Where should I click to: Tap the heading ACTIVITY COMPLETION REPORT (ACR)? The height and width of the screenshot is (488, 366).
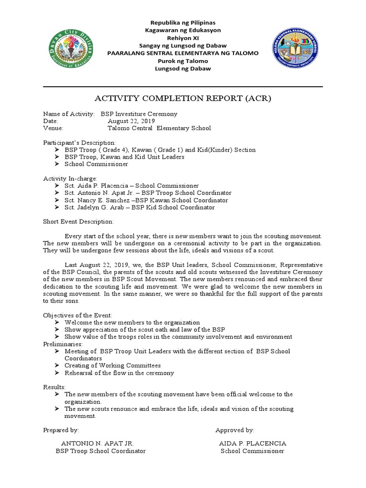point(183,99)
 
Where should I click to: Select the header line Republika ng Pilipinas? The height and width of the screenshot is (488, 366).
point(183,23)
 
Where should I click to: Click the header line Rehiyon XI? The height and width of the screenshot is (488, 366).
point(183,38)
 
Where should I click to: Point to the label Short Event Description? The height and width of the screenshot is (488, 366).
point(79,222)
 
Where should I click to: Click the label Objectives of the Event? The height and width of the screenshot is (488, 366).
point(78,315)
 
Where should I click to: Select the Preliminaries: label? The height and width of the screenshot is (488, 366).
point(63,344)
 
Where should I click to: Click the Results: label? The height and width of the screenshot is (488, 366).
point(54,387)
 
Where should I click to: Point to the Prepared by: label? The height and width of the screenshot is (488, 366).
point(61,430)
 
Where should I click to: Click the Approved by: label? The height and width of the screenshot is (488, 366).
point(234,430)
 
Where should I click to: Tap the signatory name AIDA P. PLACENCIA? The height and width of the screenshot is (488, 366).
point(253,443)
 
